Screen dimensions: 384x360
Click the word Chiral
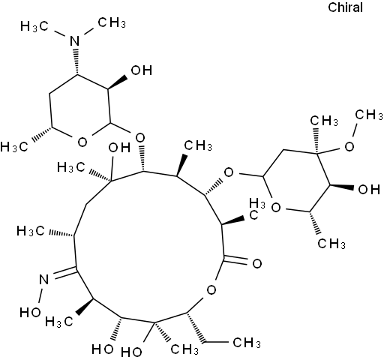(x=345, y=7)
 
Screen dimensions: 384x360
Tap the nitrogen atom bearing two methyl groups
(x=74, y=40)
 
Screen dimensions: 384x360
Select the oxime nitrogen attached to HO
(x=43, y=279)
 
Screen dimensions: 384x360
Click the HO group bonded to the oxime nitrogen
(x=30, y=312)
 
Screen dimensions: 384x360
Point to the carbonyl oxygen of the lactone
(x=257, y=264)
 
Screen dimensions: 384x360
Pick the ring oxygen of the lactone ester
(x=211, y=290)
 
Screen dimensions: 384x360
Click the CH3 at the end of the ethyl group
(x=247, y=343)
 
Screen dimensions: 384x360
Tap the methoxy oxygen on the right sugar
(x=349, y=146)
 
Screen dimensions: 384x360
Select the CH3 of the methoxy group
(x=369, y=115)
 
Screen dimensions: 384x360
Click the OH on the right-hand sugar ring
(x=369, y=189)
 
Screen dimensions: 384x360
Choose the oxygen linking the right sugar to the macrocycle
(x=229, y=172)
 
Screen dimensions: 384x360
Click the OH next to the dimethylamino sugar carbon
(x=142, y=70)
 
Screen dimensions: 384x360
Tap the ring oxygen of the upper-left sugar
(x=82, y=142)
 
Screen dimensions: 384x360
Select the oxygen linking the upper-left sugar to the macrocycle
(x=140, y=137)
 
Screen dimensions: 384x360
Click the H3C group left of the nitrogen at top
(x=34, y=26)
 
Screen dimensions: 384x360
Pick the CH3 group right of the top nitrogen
(x=112, y=22)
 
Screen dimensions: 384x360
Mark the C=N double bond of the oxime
(x=65, y=272)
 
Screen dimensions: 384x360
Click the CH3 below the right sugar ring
(x=331, y=243)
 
